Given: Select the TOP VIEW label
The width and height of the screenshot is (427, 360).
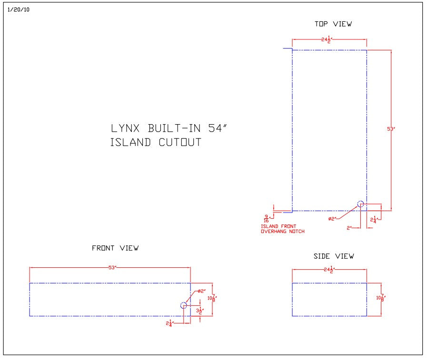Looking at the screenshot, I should (333, 24).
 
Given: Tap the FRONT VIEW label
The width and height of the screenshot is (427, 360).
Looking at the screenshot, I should (115, 248).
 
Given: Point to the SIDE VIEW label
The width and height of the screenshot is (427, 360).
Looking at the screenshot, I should (333, 256).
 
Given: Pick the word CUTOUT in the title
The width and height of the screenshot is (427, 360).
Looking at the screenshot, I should (178, 143).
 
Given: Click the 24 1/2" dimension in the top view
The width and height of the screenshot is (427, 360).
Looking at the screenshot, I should (326, 40).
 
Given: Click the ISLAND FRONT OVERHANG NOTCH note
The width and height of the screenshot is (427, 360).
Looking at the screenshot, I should (282, 229).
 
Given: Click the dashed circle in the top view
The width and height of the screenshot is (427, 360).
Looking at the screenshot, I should (360, 204).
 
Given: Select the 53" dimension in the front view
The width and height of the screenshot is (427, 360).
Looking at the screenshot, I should (112, 268).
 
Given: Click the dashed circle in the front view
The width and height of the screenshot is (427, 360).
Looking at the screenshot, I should (184, 305).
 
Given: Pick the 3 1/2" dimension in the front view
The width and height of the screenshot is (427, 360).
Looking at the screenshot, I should (200, 311).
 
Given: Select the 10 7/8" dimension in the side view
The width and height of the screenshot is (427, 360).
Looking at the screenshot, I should (381, 298).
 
